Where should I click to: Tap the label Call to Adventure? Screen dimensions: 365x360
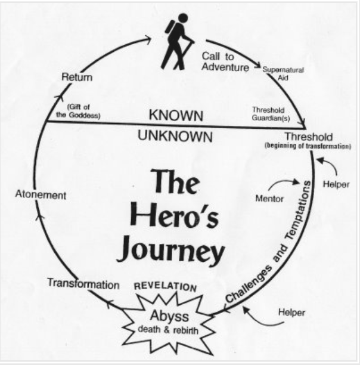[225, 61]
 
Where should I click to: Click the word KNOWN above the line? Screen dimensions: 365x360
[176, 115]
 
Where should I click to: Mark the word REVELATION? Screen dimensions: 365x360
[165, 287]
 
